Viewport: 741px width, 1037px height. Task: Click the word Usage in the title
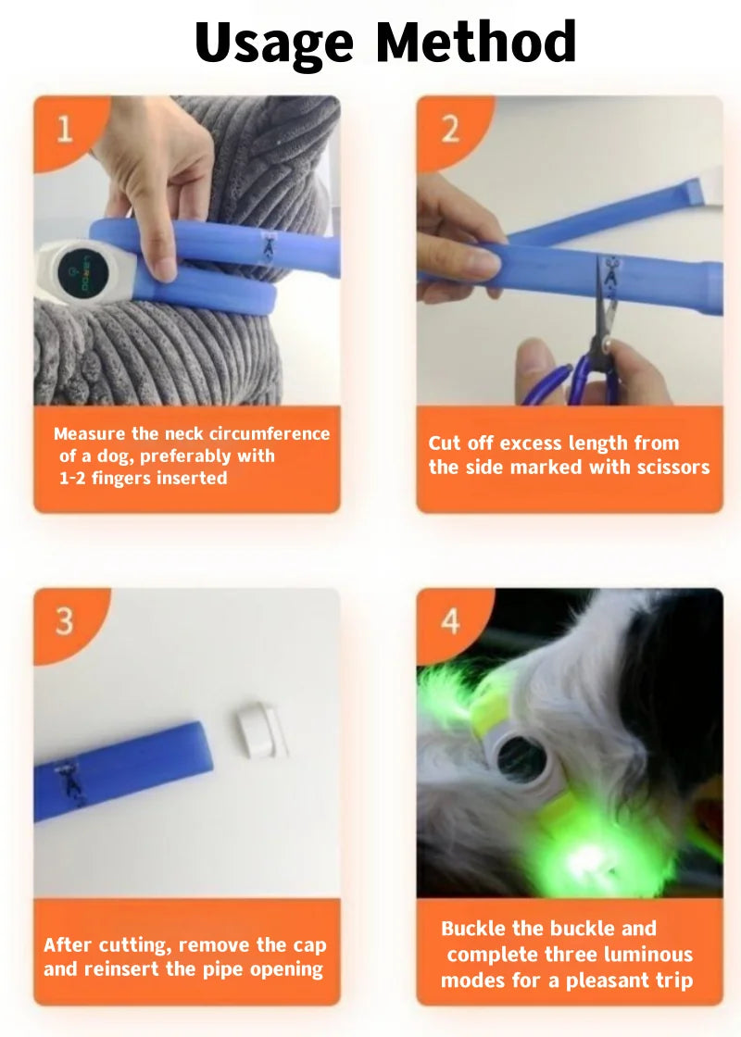coord(275,43)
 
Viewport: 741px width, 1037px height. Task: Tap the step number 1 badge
coord(64,128)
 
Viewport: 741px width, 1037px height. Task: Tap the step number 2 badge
coord(449,128)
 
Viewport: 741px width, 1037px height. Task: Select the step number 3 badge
coord(64,620)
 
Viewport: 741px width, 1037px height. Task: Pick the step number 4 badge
coord(449,620)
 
